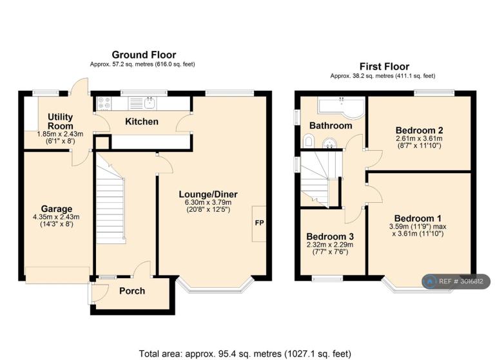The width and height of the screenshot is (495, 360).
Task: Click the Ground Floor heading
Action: point(144,55)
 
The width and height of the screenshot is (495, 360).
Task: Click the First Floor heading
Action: point(384,66)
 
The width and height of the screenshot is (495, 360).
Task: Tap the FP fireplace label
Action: point(259,223)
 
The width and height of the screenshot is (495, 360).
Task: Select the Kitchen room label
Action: point(142,122)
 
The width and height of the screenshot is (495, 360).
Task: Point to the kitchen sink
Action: point(150,103)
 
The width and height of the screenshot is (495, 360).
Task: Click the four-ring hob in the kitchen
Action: point(104,103)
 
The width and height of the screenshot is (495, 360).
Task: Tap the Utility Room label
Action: point(61,122)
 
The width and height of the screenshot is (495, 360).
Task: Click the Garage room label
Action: point(57,209)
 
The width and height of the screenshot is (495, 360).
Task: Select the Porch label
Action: point(132,291)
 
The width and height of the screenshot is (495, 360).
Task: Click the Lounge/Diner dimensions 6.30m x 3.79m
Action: point(208,202)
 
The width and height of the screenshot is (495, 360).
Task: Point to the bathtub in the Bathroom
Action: point(341,108)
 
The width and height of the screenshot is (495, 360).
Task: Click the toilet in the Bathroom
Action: point(308,141)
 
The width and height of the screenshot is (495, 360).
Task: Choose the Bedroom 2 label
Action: point(419,130)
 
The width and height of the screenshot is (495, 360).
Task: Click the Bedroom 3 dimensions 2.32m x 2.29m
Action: point(330,245)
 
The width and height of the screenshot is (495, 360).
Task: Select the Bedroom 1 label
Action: point(418,218)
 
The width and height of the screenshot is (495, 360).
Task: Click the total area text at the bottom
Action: point(245,354)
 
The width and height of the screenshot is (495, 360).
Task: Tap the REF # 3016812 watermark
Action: point(456,281)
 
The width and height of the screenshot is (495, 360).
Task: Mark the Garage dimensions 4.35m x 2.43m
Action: point(56,217)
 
